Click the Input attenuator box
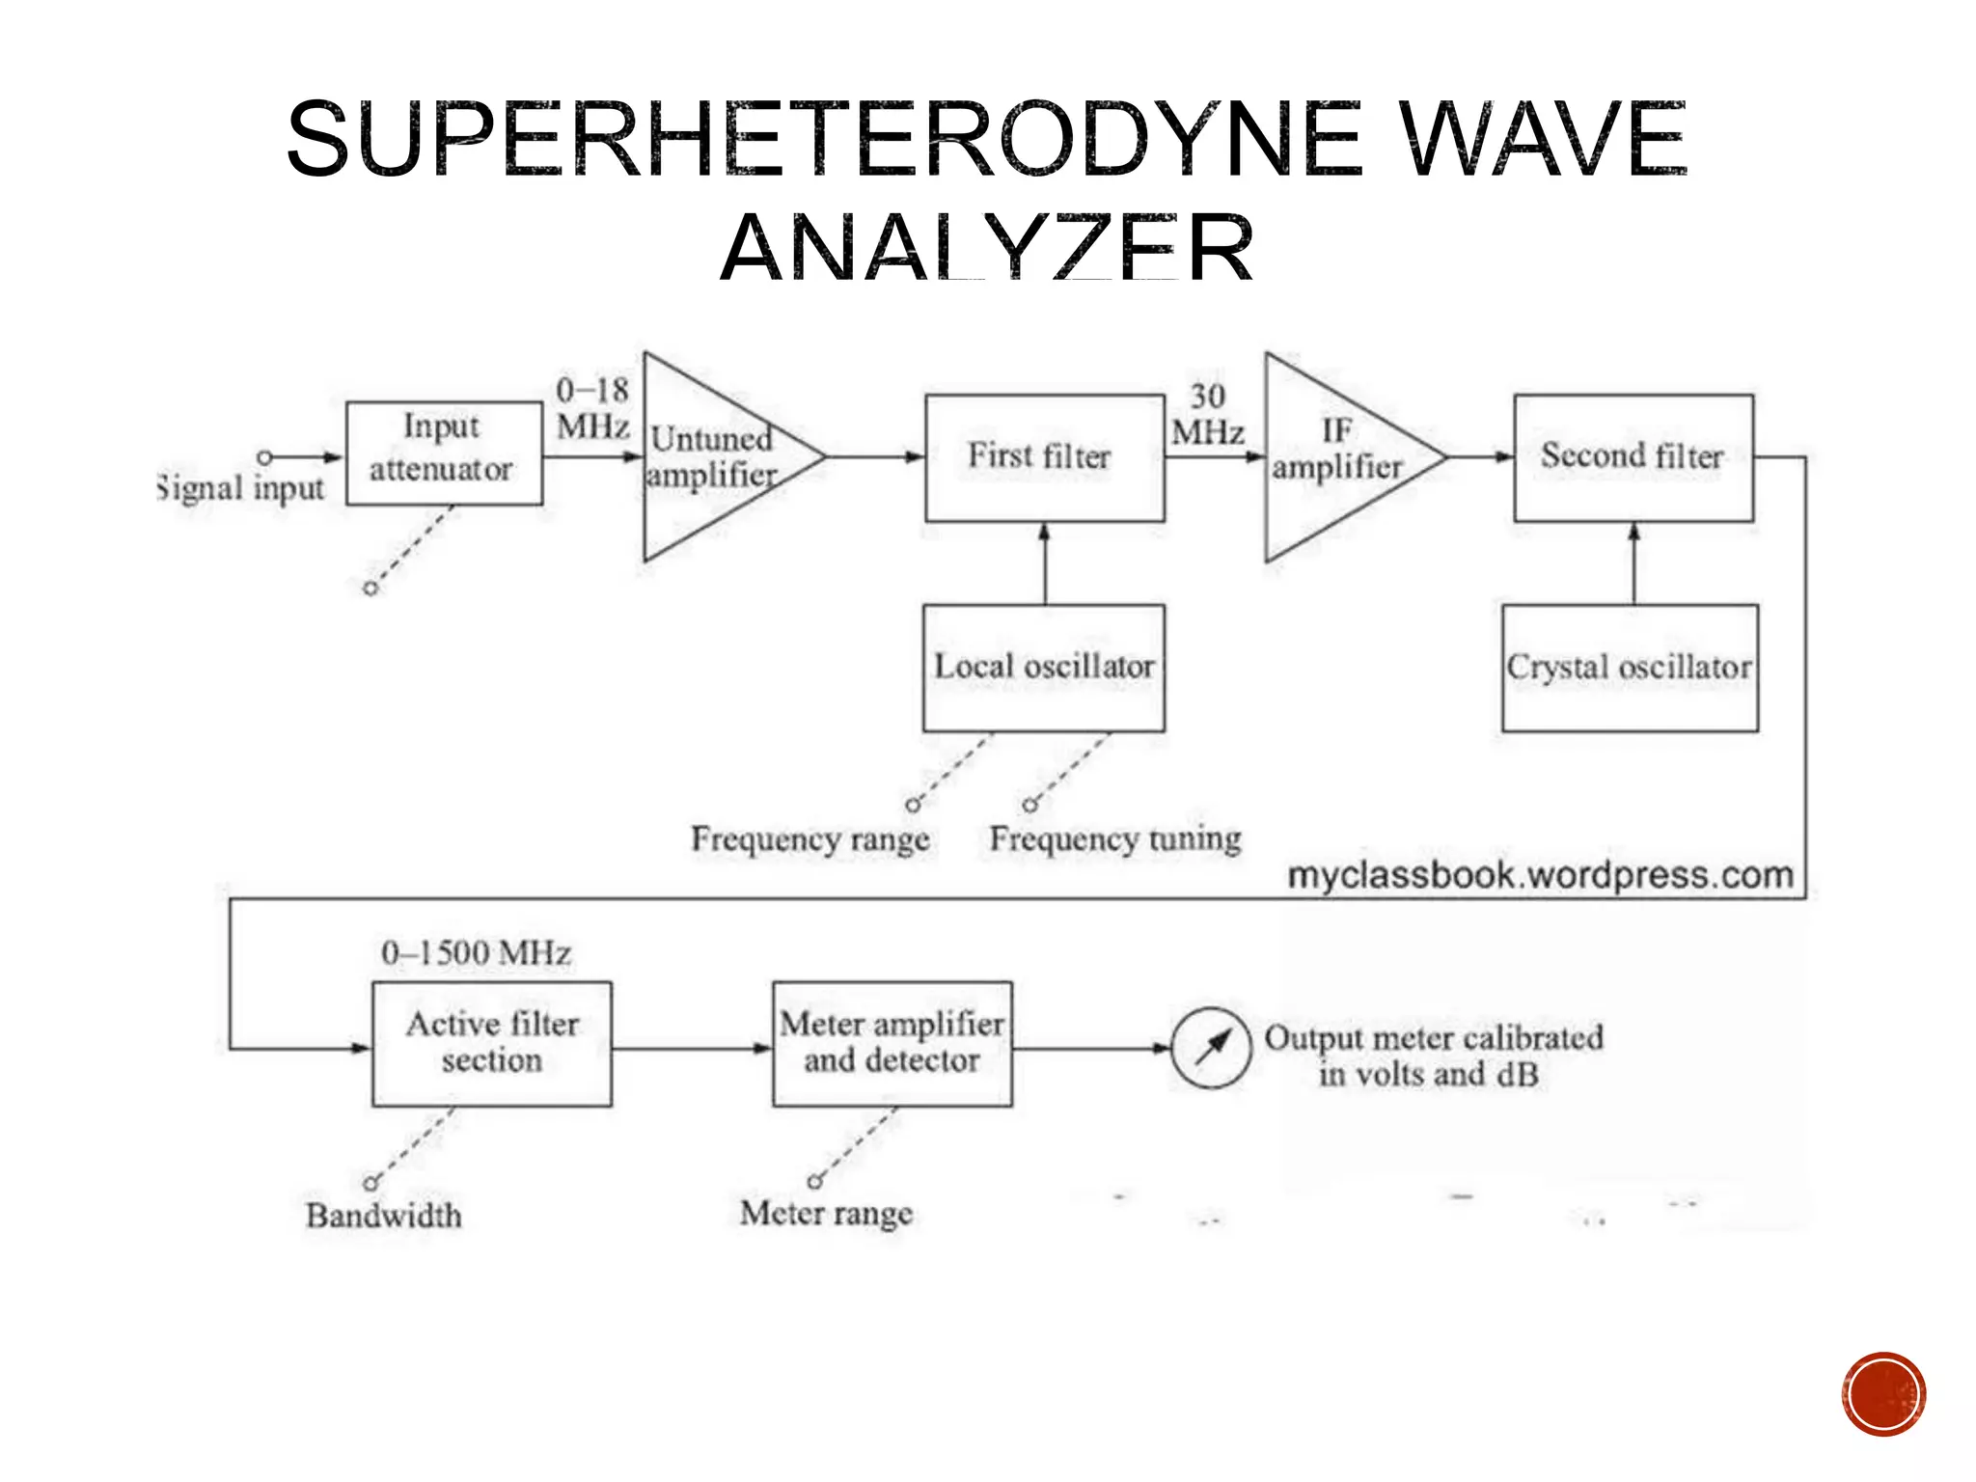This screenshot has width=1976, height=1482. point(444,453)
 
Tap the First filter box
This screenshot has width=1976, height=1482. point(1044,457)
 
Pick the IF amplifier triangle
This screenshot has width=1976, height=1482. point(1336,456)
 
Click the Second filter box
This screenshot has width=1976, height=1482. point(1633,457)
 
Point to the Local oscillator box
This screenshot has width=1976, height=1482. point(1044,667)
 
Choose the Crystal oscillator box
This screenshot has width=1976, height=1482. point(1630,667)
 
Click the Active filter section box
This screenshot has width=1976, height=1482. point(492,1043)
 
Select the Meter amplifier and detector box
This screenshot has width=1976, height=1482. point(892,1043)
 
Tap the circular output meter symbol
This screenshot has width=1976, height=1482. point(1211,1048)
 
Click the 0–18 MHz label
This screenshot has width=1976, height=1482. point(592,407)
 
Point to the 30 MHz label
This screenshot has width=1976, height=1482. point(1207,414)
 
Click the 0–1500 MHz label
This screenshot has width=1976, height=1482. point(476,953)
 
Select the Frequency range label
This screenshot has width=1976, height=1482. point(810,838)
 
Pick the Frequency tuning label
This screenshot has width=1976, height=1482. point(1115,838)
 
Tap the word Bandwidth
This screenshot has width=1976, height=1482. point(384,1215)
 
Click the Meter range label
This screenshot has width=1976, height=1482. point(826,1213)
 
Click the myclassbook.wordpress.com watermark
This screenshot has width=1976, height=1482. point(1541,875)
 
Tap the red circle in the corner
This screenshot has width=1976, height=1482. point(1882,1394)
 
